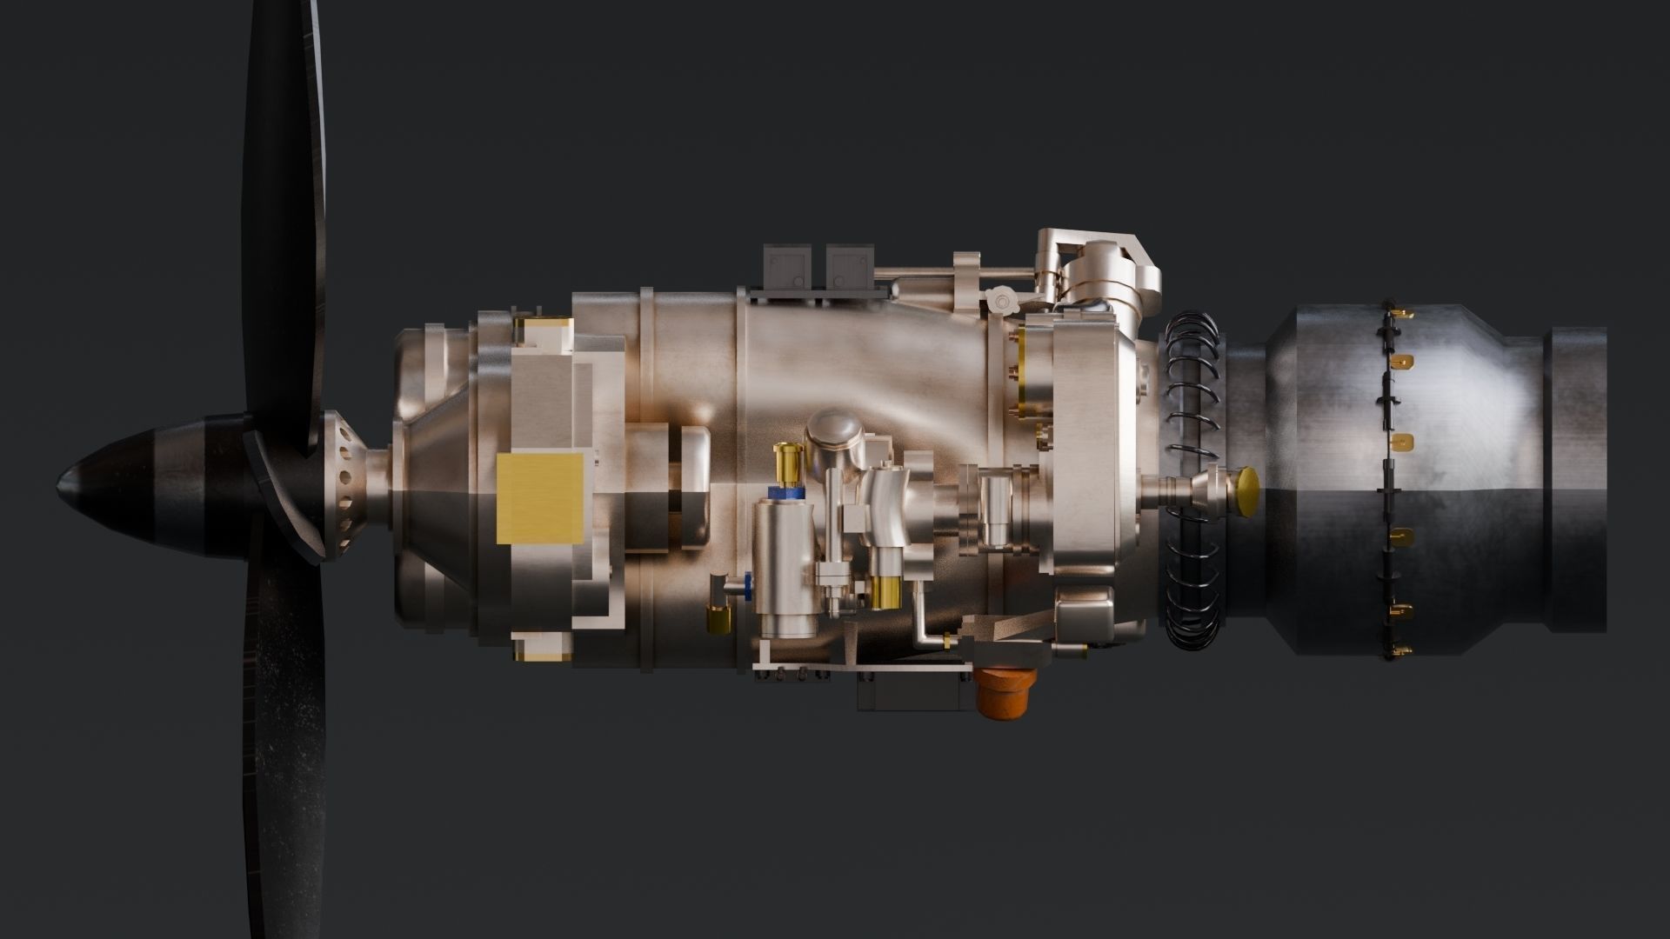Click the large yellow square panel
(539, 497)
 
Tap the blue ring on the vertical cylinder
(785, 493)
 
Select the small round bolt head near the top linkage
(1001, 302)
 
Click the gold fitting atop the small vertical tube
(790, 455)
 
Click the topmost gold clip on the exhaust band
(1399, 312)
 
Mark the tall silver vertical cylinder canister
(784, 565)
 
